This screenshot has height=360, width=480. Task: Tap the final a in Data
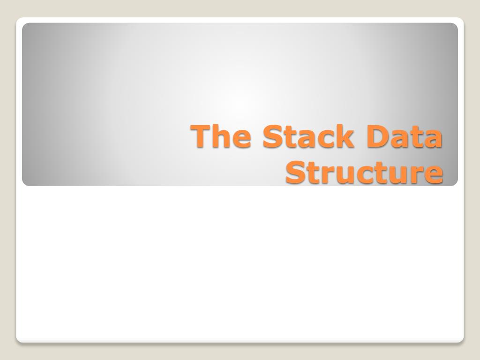click(x=433, y=138)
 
